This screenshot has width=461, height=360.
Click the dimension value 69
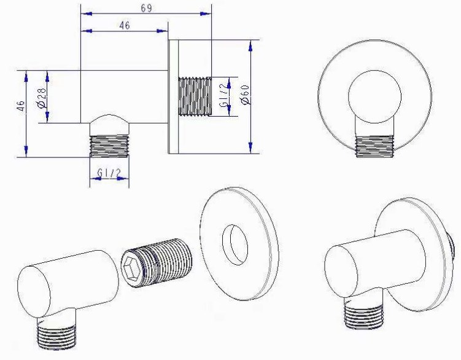pos(146,8)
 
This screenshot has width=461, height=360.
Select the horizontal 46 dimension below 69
pos(125,25)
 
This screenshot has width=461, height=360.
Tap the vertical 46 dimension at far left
pos(21,106)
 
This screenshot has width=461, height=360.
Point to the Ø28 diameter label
pos(42,98)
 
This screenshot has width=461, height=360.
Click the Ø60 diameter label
pos(245,94)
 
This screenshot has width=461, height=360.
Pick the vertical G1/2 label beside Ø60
pos(223,95)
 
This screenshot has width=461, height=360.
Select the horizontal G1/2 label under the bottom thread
pos(109,173)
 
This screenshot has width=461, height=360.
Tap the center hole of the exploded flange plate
pos(235,245)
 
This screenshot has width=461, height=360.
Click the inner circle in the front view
pos(375,96)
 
